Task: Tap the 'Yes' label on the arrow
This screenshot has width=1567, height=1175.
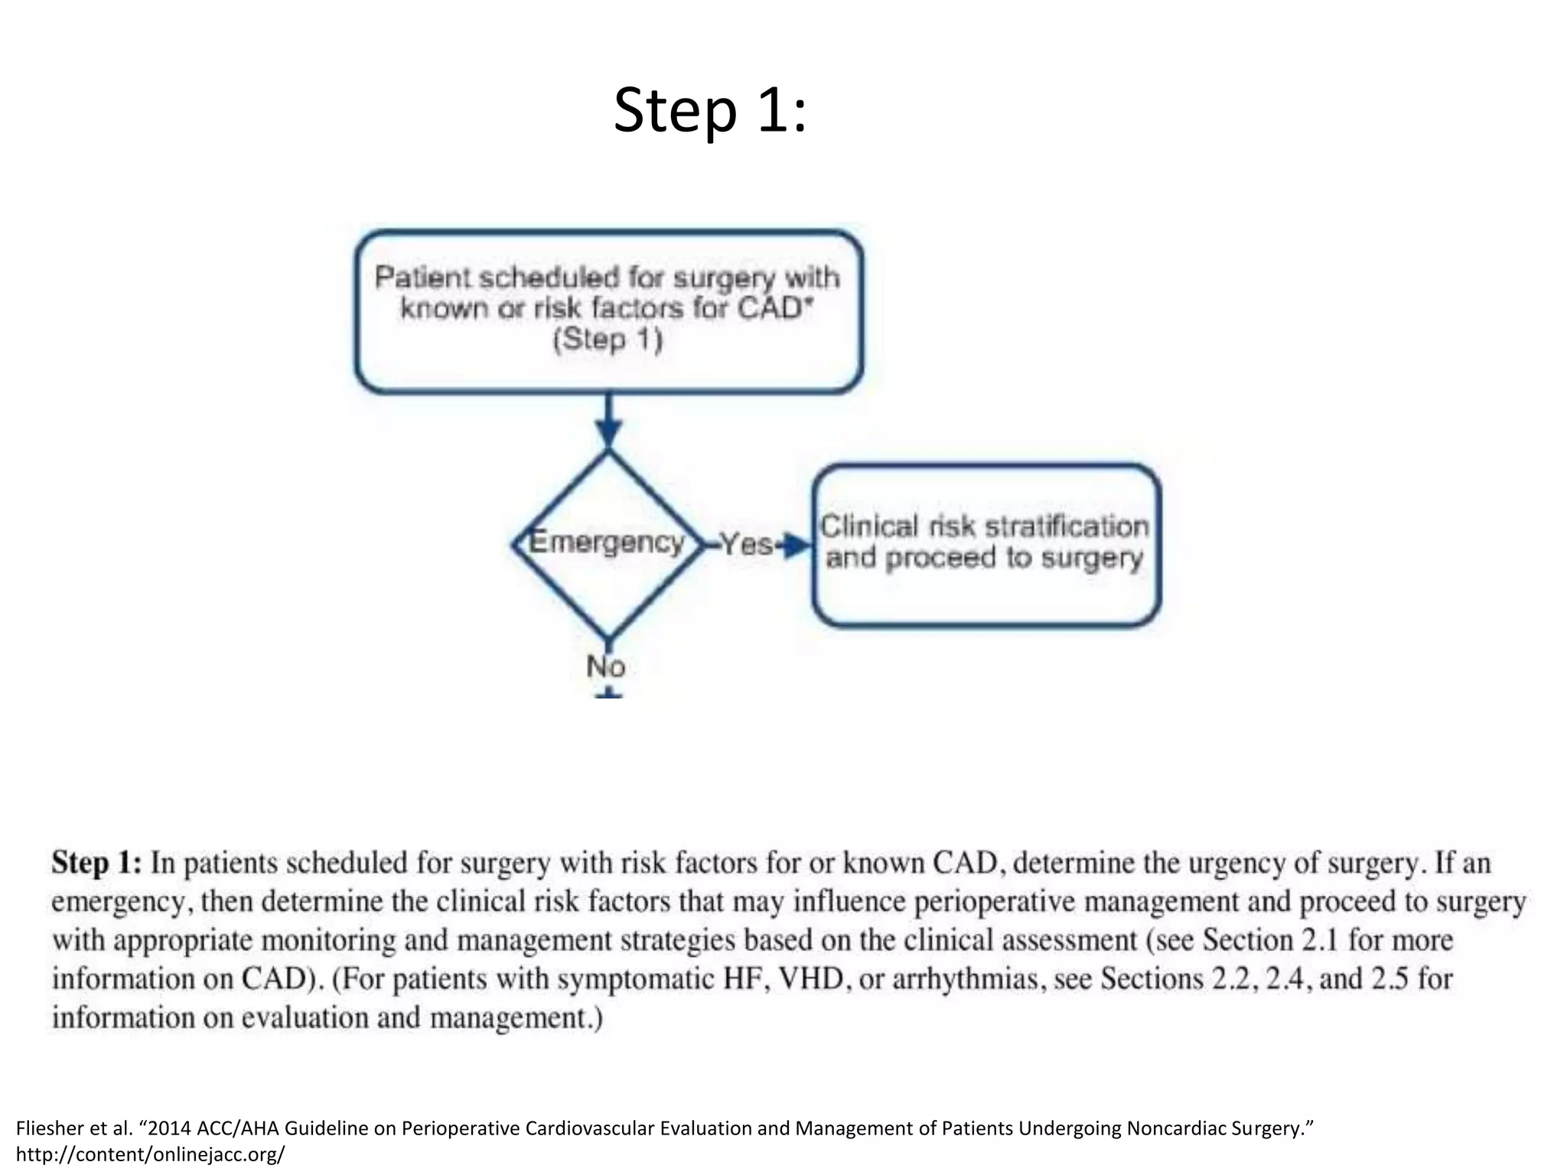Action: tap(746, 545)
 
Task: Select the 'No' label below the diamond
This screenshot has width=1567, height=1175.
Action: tap(606, 667)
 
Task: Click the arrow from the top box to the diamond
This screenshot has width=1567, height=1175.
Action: tap(608, 421)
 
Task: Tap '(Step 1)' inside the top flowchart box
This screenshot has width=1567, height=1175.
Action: tap(608, 340)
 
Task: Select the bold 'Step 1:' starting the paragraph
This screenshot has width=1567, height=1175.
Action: tap(96, 863)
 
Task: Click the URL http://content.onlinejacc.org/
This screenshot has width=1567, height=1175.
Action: tap(150, 1154)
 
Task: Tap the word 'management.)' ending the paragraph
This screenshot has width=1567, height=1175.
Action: tap(516, 1018)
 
